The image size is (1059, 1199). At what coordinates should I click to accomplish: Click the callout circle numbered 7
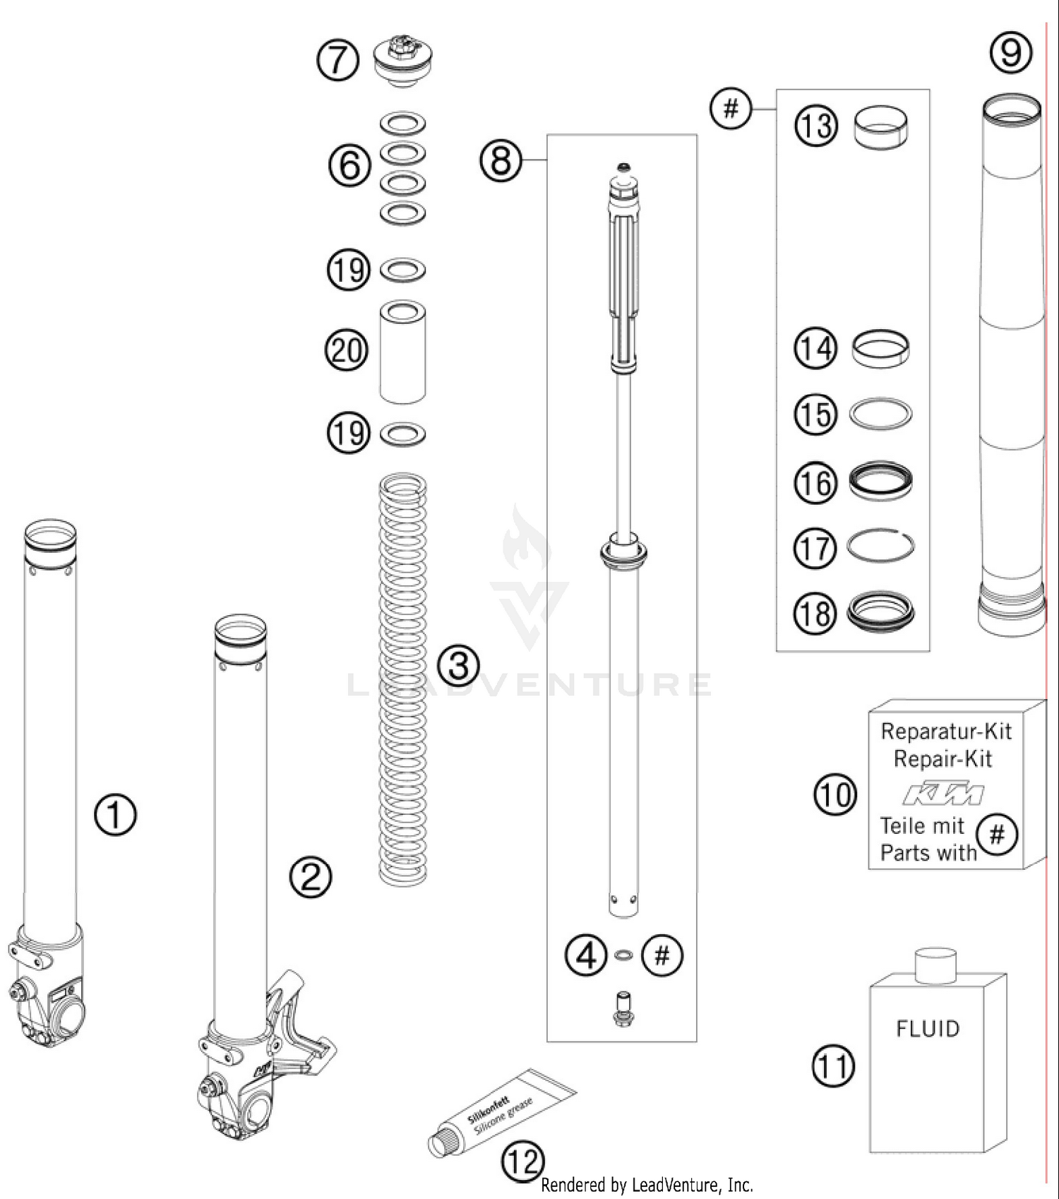(x=337, y=60)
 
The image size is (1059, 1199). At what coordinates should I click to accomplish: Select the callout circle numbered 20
(x=346, y=350)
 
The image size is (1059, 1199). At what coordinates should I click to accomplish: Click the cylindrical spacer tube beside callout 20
(x=402, y=353)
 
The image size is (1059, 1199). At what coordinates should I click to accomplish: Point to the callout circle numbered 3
(x=458, y=665)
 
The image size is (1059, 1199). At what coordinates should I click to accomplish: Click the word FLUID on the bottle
(x=928, y=1029)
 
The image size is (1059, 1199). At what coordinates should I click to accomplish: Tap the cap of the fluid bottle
(x=935, y=965)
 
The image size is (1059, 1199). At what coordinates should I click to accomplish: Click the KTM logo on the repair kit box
(x=944, y=794)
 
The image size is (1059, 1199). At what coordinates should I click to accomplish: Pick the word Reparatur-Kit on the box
(x=946, y=732)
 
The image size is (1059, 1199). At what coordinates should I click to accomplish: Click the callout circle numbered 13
(x=816, y=126)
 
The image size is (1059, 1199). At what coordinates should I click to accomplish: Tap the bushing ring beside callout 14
(x=880, y=348)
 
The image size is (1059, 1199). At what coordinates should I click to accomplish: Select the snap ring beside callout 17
(x=880, y=546)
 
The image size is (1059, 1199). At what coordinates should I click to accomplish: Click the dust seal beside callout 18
(x=880, y=612)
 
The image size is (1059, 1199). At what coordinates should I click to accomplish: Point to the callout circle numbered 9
(x=1011, y=52)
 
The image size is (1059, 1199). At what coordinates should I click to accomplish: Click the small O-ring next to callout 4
(x=623, y=955)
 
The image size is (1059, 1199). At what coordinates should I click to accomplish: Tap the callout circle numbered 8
(x=501, y=160)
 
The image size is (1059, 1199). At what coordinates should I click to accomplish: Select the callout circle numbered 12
(x=523, y=1161)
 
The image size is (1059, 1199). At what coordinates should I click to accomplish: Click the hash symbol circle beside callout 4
(x=662, y=955)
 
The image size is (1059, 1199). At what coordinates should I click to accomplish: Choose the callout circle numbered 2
(x=311, y=877)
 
